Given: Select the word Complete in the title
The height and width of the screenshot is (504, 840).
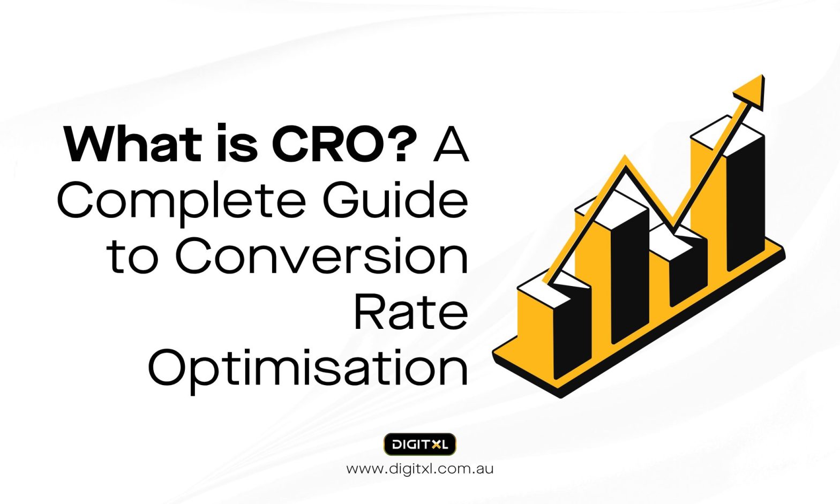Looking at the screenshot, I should tap(182, 201).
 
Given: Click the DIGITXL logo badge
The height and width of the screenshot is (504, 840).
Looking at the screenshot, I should tap(419, 444).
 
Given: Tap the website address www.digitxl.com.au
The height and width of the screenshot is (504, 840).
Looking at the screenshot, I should tap(419, 469).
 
